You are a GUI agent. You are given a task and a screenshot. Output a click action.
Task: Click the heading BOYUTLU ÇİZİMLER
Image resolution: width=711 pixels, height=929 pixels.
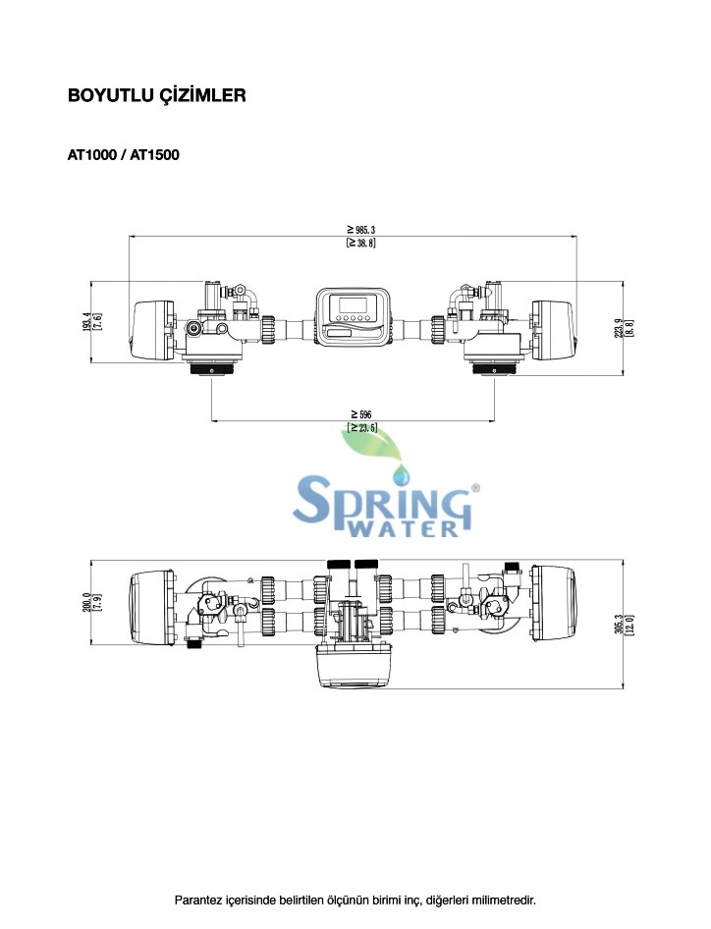point(156,95)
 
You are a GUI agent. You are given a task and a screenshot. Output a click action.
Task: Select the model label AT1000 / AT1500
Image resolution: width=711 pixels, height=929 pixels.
point(123,154)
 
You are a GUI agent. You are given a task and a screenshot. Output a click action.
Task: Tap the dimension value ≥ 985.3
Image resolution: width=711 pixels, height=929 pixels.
point(360,229)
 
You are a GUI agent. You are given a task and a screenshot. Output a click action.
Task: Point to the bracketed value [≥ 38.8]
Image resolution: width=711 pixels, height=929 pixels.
point(360,243)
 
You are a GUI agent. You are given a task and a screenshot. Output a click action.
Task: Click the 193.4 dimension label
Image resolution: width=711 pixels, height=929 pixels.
point(86,321)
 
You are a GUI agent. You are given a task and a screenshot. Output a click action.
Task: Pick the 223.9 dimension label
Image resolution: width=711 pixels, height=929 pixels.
point(619,328)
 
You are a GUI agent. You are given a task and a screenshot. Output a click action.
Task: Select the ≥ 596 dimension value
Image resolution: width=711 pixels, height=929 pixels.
point(360,414)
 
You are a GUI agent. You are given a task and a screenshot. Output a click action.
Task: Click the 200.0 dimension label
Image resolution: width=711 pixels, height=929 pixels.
point(86,602)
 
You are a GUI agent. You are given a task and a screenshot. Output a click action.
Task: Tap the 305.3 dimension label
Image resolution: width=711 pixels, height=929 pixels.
point(619,625)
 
